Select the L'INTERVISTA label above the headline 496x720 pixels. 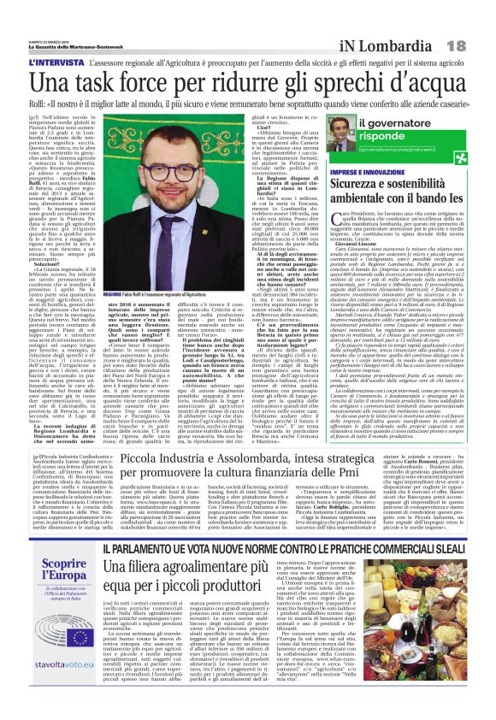coord(56,62)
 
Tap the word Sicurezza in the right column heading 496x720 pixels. coord(372,186)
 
